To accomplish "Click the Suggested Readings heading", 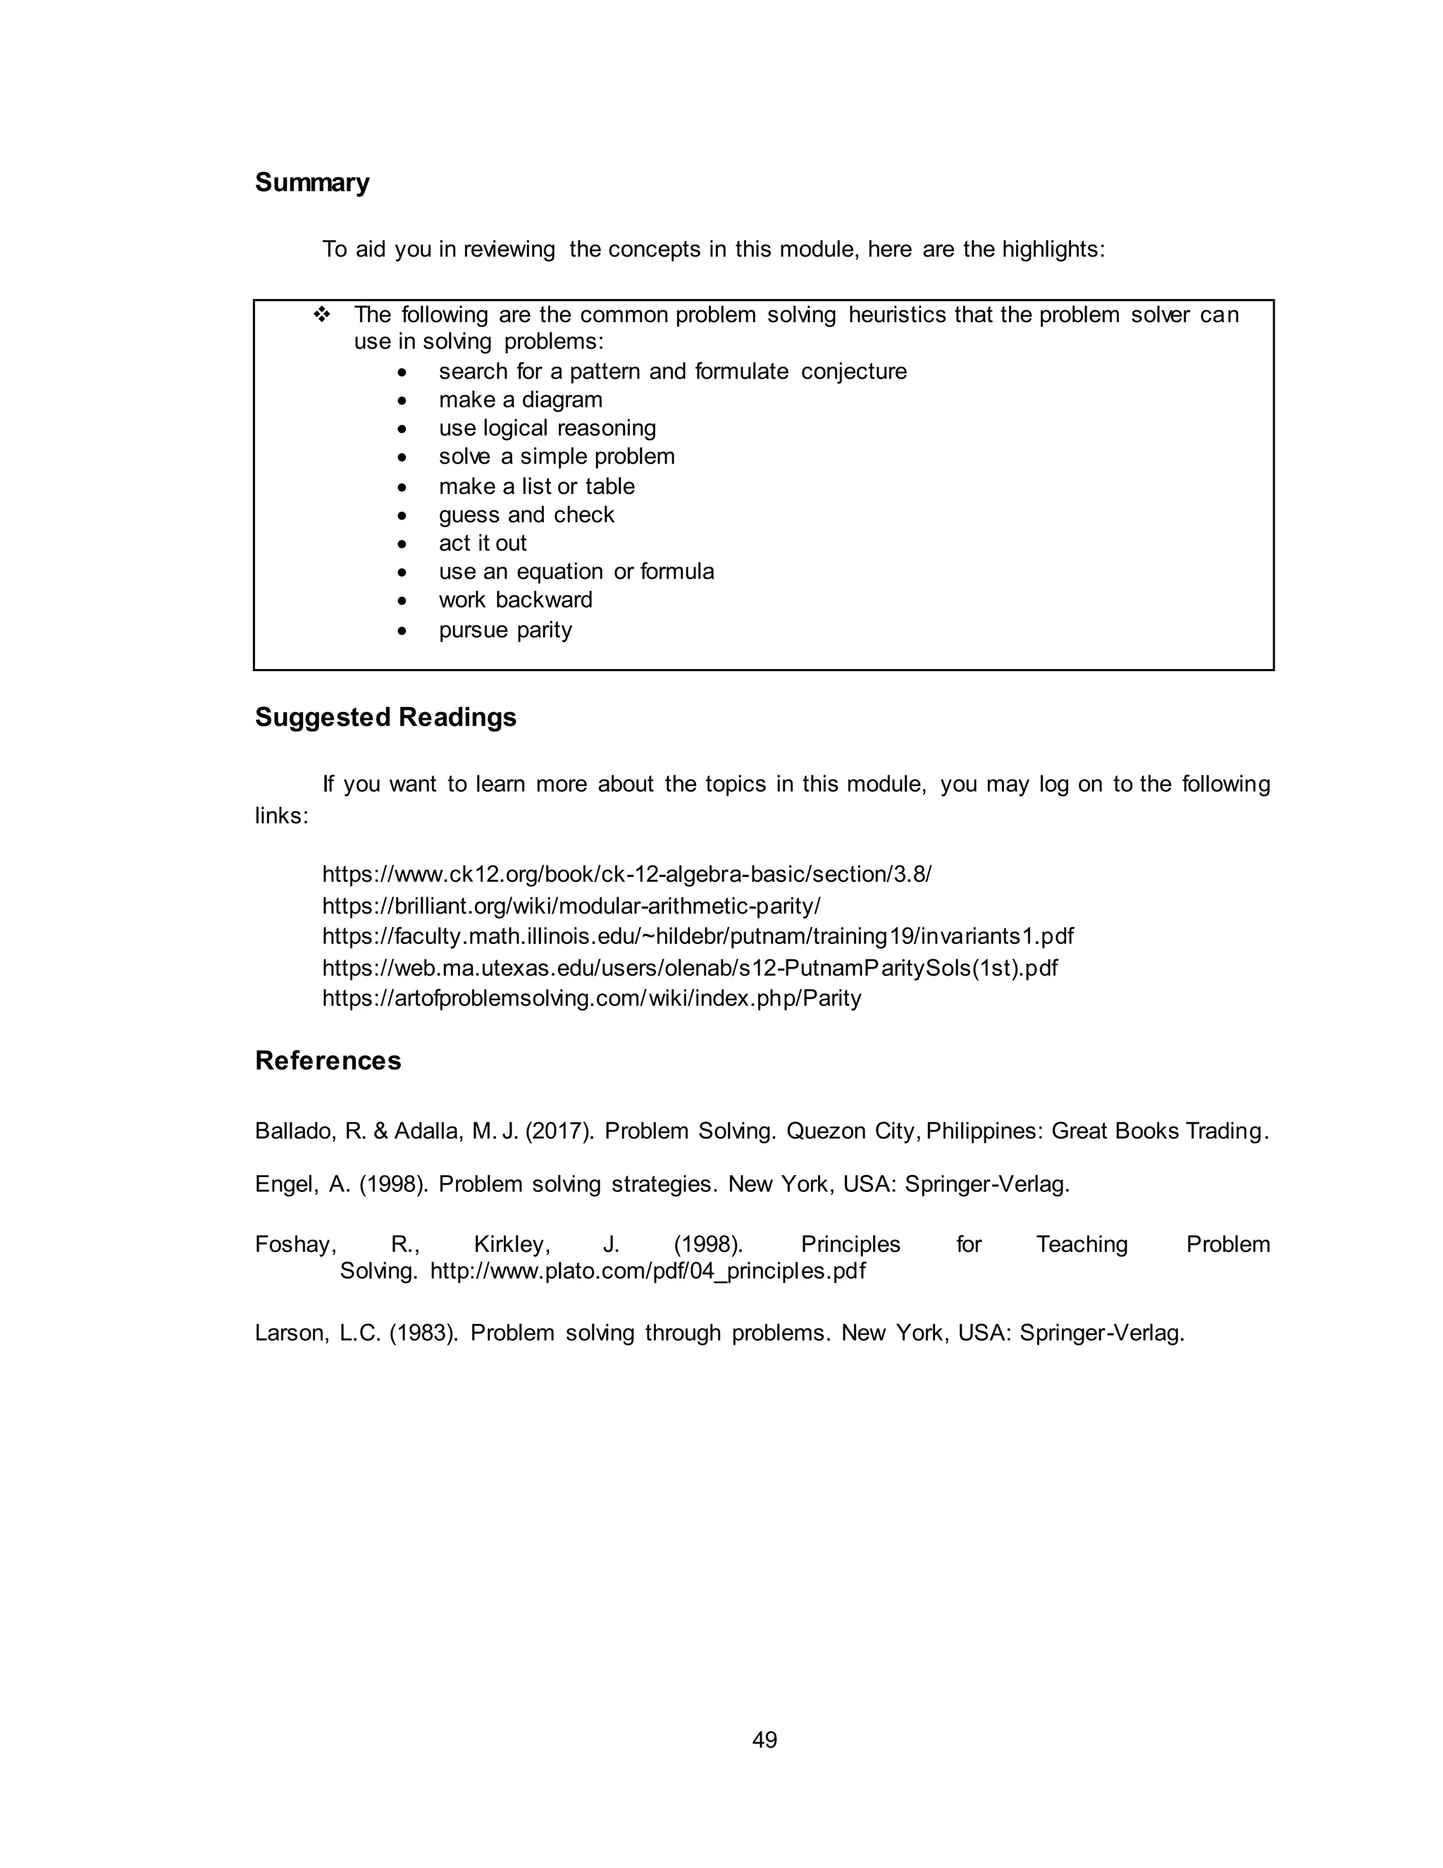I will [x=385, y=717].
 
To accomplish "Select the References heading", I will [x=328, y=1061].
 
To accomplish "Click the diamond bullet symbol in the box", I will [x=322, y=315].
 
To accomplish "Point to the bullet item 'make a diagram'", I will [x=520, y=400].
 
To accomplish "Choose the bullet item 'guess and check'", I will [x=526, y=515].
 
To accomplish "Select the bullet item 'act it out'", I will [x=482, y=543].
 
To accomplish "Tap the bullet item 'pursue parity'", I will [x=505, y=629].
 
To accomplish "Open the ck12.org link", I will [x=626, y=874].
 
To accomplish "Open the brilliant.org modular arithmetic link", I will [x=571, y=906].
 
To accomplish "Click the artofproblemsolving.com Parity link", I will [x=592, y=998].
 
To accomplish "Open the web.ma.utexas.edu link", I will [x=689, y=969].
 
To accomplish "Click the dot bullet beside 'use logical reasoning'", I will [x=402, y=429].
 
